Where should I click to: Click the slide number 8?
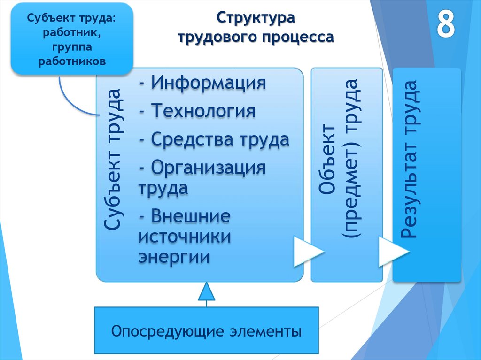pyautogui.click(x=446, y=25)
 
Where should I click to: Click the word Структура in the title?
pyautogui.click(x=256, y=20)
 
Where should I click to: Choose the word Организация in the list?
pyautogui.click(x=208, y=168)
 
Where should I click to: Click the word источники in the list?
pyautogui.click(x=184, y=237)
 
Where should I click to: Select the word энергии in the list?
pyautogui.click(x=173, y=257)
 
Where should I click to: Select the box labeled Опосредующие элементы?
pyautogui.click(x=207, y=331)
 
